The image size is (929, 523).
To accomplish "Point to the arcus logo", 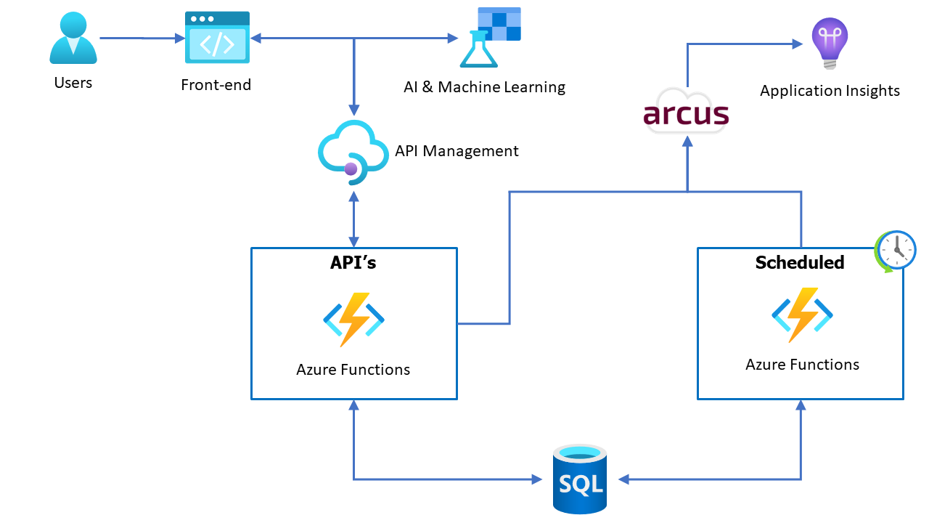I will [685, 113].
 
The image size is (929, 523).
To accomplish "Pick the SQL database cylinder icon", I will [580, 479].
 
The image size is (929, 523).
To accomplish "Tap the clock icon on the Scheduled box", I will [896, 251].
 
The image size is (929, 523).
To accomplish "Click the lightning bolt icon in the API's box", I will [353, 319].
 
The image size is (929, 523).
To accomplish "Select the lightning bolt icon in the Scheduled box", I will [801, 315].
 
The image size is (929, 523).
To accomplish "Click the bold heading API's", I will [353, 263].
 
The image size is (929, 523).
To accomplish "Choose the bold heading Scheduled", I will [800, 263].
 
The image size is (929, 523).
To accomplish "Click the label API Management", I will [457, 151].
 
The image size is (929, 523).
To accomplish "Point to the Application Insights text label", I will [830, 91].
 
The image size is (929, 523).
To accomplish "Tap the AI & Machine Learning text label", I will [484, 87].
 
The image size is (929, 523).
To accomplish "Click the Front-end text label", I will [216, 85].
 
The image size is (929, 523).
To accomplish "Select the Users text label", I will [73, 83].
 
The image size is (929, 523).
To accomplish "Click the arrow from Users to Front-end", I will [142, 38].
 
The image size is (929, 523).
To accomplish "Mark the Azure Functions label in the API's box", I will [353, 370].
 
